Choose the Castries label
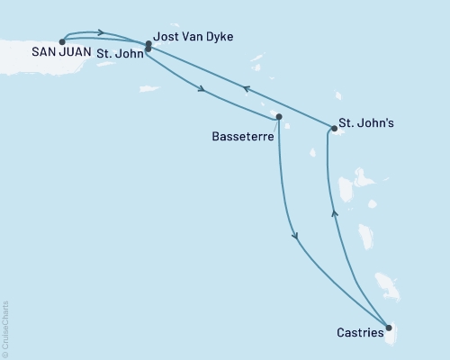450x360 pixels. (358, 332)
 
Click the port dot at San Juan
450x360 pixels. (61, 41)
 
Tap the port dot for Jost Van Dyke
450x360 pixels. (148, 43)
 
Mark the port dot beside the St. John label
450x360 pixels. (147, 49)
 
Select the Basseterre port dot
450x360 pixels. (279, 117)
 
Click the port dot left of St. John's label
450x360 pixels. (333, 130)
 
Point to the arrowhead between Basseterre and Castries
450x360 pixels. (295, 237)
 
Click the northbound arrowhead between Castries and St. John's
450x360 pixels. (334, 212)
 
